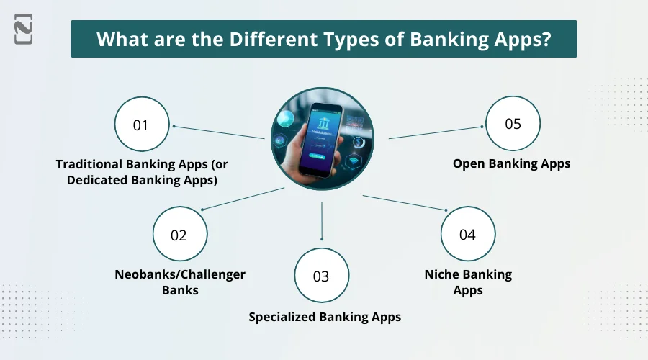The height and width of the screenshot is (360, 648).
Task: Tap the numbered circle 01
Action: (x=142, y=125)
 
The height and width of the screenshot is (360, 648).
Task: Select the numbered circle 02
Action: (x=179, y=235)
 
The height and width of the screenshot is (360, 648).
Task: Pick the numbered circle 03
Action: (x=321, y=276)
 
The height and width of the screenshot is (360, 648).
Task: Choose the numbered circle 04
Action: (x=468, y=234)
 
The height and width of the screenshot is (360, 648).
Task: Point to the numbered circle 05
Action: (x=513, y=124)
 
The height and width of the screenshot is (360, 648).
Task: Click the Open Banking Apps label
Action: (x=511, y=163)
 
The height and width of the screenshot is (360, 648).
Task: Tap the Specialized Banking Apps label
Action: (x=325, y=317)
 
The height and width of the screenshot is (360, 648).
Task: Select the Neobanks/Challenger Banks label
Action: (x=180, y=282)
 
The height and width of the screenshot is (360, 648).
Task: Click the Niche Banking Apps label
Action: (x=468, y=282)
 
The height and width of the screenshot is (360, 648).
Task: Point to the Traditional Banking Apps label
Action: (x=142, y=172)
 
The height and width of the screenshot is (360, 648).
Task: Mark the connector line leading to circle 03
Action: (x=322, y=221)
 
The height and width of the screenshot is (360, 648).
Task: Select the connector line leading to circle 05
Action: (x=436, y=132)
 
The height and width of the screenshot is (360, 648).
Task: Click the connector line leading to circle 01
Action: (x=219, y=132)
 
